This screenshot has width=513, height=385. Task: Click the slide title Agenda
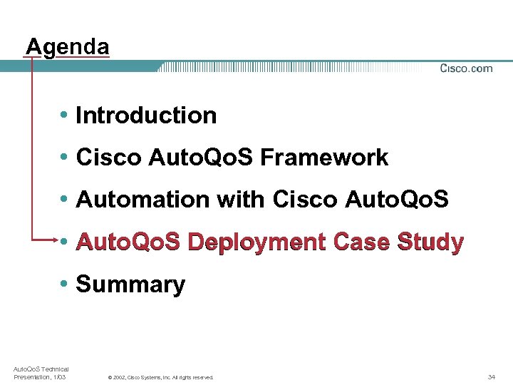point(68,47)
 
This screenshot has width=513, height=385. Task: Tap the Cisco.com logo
point(466,68)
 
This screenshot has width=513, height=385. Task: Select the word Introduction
point(146,115)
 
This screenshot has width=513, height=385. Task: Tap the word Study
point(431,242)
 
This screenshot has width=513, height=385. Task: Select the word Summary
point(130,284)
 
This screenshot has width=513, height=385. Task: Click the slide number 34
point(492,376)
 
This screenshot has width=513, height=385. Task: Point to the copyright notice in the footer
point(160,377)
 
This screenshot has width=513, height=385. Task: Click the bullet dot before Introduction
point(65,115)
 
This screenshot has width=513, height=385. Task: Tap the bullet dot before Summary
point(65,284)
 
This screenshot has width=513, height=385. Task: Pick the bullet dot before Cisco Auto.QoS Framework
point(65,158)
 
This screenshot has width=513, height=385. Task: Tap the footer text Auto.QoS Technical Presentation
point(41,372)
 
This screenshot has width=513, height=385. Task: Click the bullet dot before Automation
point(65,200)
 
